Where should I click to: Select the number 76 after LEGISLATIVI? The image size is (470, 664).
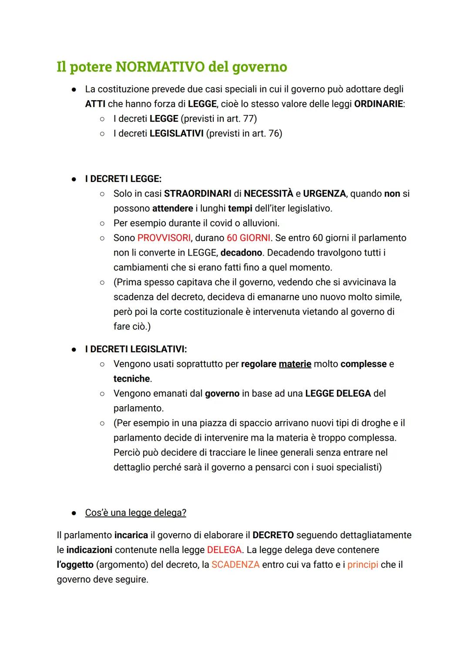(274, 133)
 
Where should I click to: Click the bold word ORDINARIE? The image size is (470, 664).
(378, 104)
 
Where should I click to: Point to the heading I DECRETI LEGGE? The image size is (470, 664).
(123, 179)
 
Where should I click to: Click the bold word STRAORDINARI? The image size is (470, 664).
(198, 193)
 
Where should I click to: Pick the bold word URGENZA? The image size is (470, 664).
(324, 193)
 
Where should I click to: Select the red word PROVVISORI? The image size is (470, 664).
(164, 238)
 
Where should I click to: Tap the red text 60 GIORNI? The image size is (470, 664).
(248, 238)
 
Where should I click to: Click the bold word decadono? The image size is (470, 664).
(241, 253)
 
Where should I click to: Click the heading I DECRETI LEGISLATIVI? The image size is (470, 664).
(136, 349)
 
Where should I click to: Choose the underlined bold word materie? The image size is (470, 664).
(295, 364)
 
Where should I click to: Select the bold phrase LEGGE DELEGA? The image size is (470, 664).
(338, 393)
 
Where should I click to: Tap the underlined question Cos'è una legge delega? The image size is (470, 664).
(135, 512)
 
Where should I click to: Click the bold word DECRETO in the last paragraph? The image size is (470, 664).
(273, 535)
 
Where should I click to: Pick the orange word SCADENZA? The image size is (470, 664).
(235, 564)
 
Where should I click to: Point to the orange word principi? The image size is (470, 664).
(363, 564)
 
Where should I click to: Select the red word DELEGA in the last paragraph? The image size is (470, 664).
(224, 549)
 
